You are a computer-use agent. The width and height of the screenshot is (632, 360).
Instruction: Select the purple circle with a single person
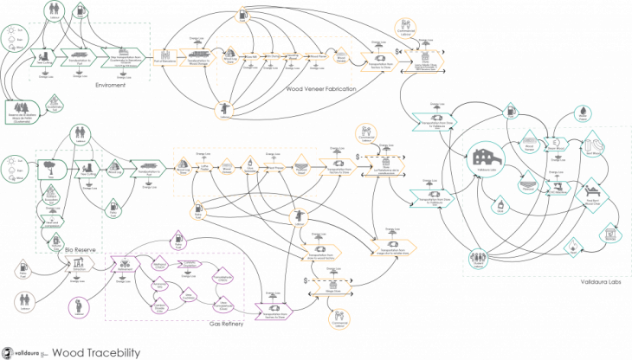[79, 306]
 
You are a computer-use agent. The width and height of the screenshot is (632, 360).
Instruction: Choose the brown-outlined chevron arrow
[79, 263]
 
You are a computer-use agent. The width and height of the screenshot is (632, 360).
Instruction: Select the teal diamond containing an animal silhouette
[592, 196]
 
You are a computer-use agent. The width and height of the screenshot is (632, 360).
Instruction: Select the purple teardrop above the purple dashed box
[178, 239]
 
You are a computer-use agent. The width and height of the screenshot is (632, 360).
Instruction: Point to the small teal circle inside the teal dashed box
[554, 143]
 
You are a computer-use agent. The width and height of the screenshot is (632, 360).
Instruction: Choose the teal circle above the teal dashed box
[583, 113]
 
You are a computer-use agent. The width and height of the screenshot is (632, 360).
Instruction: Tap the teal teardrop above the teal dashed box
[511, 111]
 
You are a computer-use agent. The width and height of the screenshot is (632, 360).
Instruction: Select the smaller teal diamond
[571, 247]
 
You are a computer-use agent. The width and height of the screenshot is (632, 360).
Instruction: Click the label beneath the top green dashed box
[104, 85]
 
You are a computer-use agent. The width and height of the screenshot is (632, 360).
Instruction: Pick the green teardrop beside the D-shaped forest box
[55, 104]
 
